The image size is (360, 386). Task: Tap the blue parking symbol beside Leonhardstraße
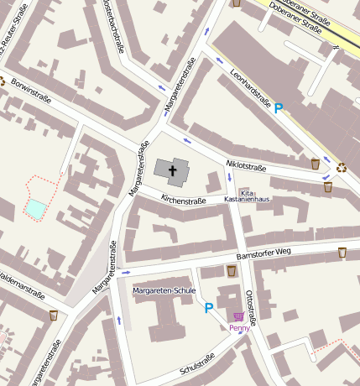[279, 108]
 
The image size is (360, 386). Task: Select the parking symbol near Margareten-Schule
[208, 308]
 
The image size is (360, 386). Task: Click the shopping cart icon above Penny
[239, 317]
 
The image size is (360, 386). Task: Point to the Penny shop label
[239, 328]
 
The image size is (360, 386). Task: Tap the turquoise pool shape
[36, 207]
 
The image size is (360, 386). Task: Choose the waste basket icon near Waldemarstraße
[54, 316]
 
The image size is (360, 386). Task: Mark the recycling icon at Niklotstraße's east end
[342, 167]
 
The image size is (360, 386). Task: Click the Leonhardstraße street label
[250, 90]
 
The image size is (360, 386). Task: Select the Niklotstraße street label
[246, 167]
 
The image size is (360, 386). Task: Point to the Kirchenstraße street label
[184, 201]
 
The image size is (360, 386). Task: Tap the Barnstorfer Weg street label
[263, 253]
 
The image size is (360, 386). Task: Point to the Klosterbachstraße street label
[112, 25]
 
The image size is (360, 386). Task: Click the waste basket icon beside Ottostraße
[231, 271]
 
